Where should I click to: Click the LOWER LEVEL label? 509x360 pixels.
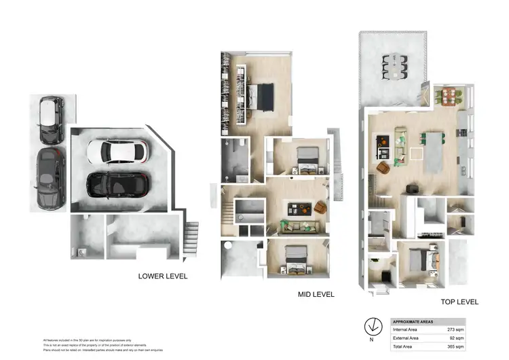click(163, 276)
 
